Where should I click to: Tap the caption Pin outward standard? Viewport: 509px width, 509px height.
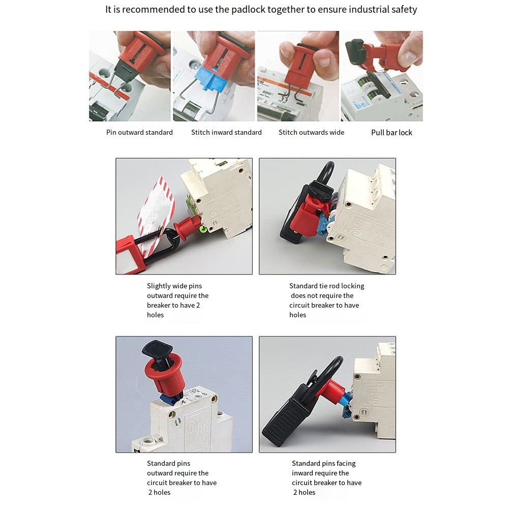tap(139, 132)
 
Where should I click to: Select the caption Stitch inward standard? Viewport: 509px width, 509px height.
tap(226, 132)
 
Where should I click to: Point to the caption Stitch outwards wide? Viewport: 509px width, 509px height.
tap(311, 132)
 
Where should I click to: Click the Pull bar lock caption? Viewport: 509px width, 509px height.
tap(392, 132)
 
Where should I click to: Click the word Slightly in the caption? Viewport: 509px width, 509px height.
tap(158, 286)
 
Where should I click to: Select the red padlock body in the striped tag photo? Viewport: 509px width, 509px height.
tap(127, 255)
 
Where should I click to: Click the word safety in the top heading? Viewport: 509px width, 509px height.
tap(404, 10)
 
